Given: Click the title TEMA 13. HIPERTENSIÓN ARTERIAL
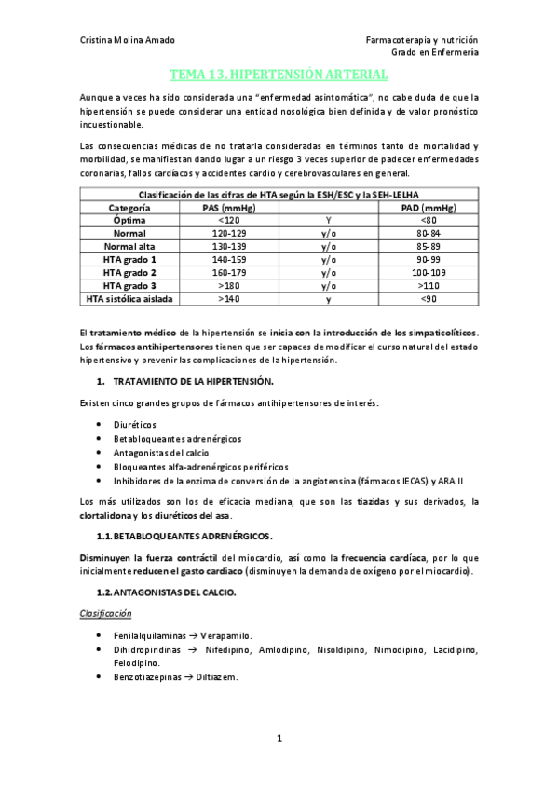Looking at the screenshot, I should point(279,74).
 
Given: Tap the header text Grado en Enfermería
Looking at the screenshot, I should point(434,53).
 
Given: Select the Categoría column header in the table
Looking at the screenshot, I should point(123,207).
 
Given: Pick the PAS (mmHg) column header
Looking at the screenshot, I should point(228,207).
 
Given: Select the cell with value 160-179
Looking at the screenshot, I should point(228,272).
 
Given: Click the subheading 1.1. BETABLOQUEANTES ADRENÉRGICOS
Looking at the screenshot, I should point(184,536).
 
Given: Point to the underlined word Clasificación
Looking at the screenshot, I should point(105,613).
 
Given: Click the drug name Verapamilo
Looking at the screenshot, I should point(221,634).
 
